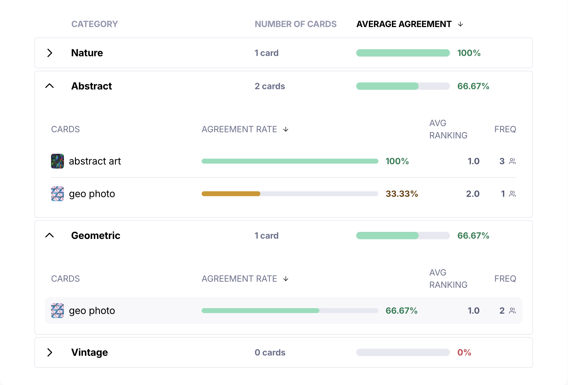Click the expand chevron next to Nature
50,53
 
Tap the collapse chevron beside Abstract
49,86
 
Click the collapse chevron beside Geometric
49,236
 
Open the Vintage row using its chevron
50,352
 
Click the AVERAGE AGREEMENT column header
404,24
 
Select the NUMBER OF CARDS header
295,24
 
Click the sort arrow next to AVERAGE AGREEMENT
460,24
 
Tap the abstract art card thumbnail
57,161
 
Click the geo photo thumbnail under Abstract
57,194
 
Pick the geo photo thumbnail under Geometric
57,311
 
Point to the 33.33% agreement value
402,194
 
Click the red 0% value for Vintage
464,352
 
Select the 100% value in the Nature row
469,53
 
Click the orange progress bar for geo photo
231,194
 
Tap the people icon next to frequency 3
512,161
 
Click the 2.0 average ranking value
473,194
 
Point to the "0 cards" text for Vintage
270,352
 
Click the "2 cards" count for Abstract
270,86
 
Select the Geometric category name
96,236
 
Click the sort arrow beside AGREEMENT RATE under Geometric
286,279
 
